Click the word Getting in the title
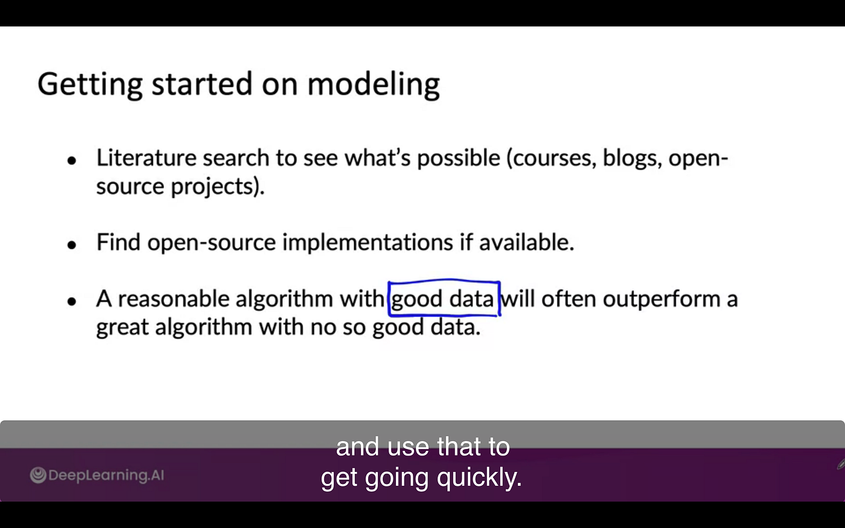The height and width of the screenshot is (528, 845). (89, 84)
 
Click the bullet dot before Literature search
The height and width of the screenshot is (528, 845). (72, 161)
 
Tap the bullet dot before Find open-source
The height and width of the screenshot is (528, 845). (72, 245)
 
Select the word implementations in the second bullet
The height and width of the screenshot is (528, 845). (367, 243)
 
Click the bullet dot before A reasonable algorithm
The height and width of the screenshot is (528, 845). (72, 301)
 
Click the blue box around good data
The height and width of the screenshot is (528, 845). (444, 282)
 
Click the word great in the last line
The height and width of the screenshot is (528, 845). (123, 328)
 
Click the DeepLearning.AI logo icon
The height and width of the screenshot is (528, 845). (38, 476)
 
